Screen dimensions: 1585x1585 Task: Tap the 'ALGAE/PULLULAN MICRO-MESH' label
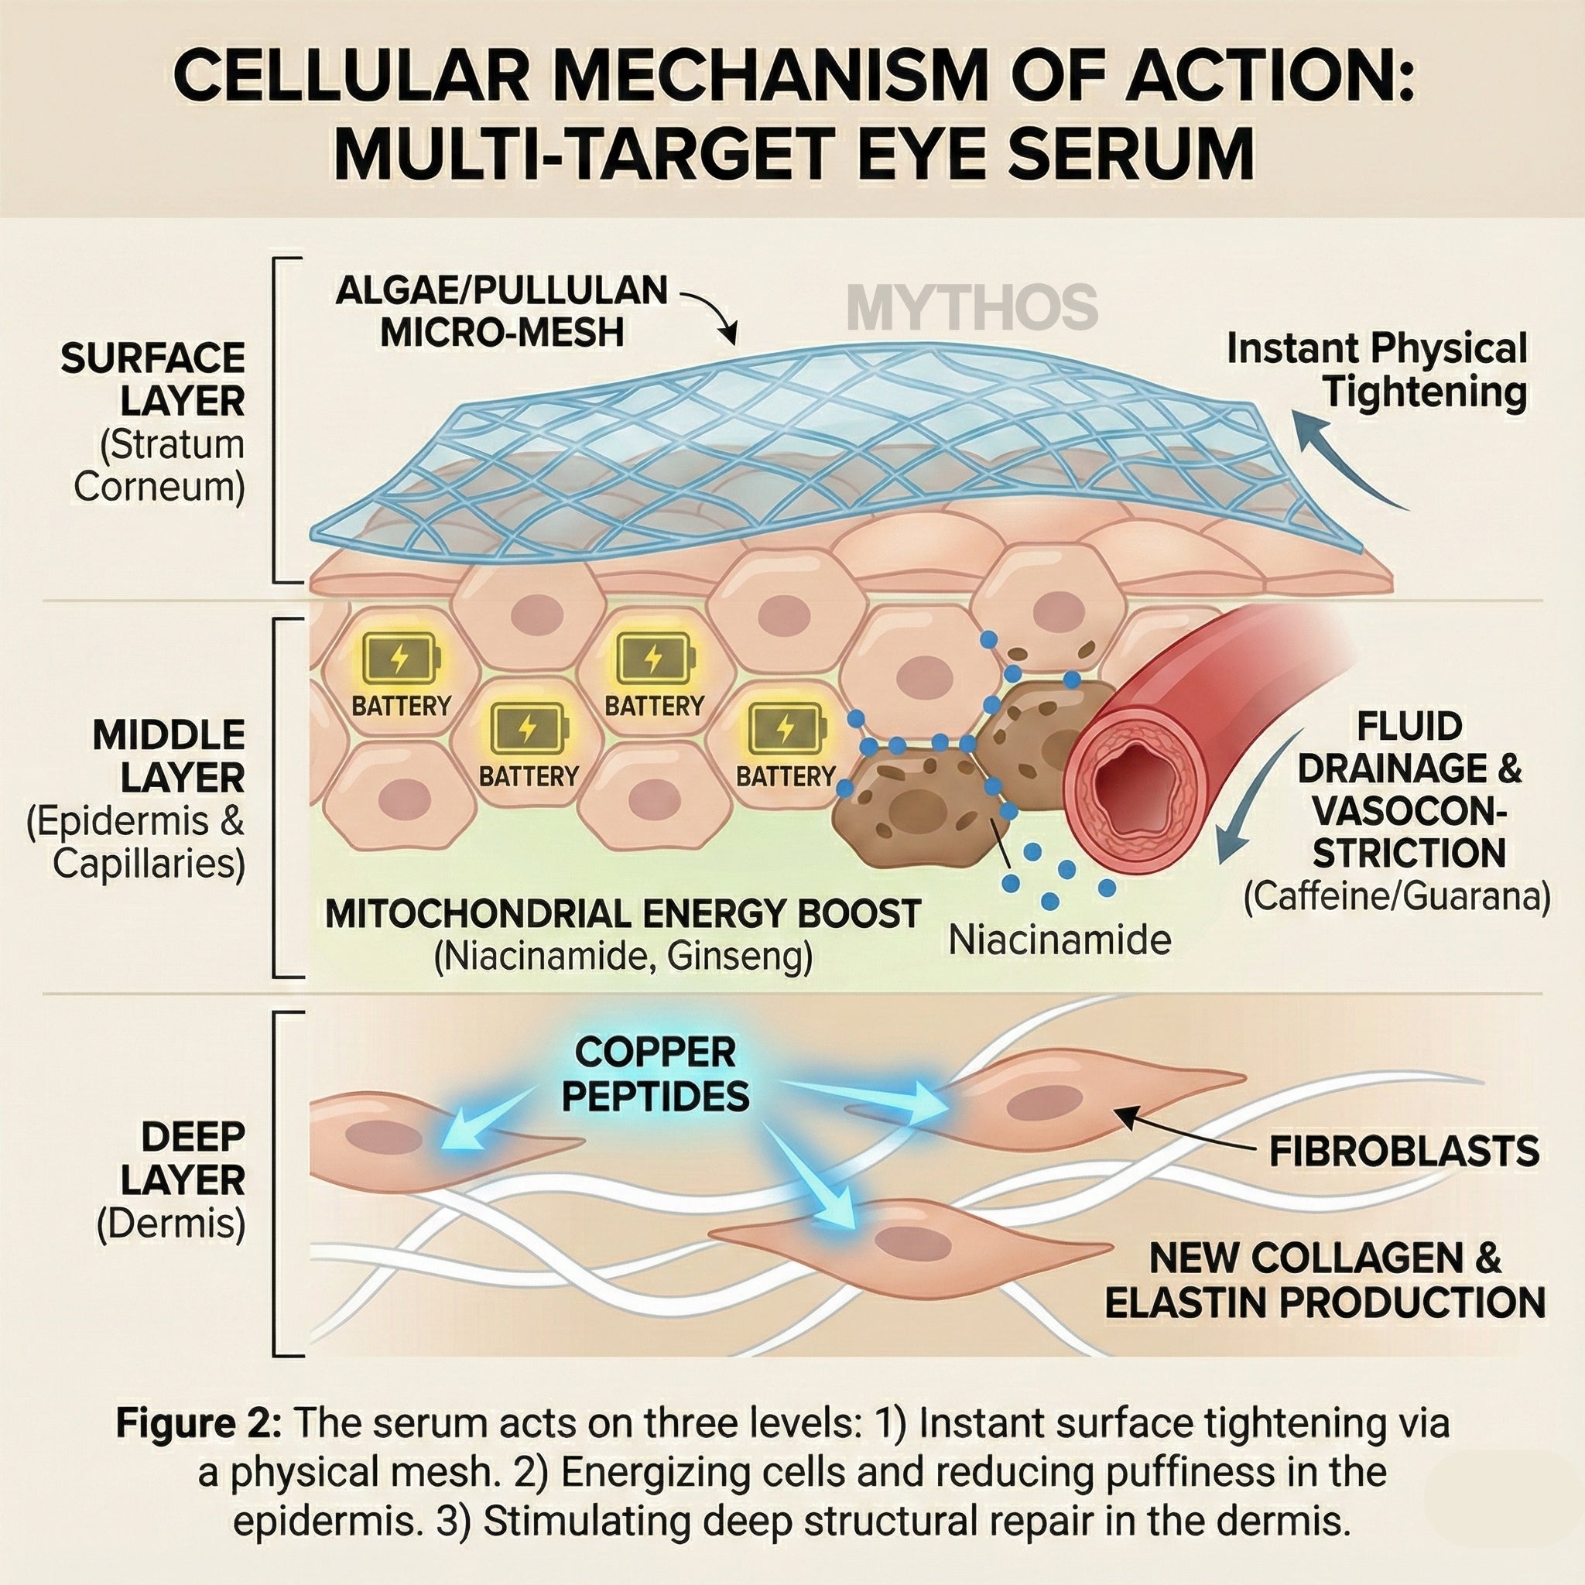(x=502, y=312)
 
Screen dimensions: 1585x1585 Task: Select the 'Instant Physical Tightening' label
(x=1376, y=370)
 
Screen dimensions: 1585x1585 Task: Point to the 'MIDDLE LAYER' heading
(x=168, y=756)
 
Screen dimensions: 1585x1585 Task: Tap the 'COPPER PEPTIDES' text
(x=656, y=1074)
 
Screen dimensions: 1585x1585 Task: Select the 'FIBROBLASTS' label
(x=1404, y=1152)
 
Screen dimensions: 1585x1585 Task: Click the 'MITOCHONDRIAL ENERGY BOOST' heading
(x=624, y=914)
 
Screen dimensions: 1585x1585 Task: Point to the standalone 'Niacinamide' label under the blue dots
(x=1060, y=940)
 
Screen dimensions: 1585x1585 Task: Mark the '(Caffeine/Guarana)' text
(x=1396, y=898)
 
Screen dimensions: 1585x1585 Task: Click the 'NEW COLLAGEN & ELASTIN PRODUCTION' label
(x=1325, y=1281)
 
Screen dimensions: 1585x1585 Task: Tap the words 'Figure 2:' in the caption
(x=200, y=1423)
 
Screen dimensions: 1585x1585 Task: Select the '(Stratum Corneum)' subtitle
(x=160, y=466)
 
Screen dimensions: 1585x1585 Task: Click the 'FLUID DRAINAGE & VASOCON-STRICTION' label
(x=1409, y=790)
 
